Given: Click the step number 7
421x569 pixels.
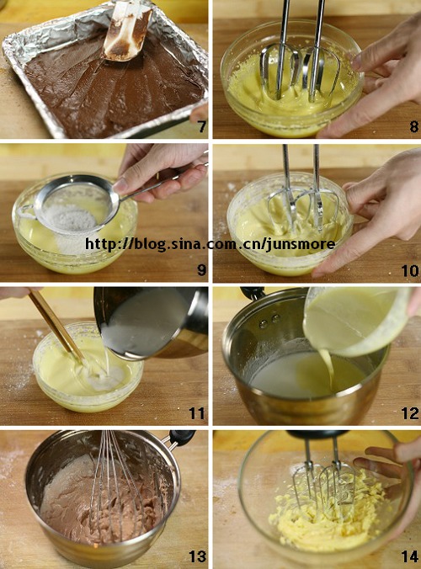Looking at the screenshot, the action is tap(202, 126).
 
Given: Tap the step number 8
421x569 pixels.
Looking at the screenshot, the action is tap(413, 126).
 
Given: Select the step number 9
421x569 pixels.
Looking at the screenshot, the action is tap(201, 269).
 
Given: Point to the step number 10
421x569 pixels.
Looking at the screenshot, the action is tap(410, 271).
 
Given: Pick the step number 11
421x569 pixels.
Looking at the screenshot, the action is tap(197, 413).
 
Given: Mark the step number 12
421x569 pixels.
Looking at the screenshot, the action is tap(410, 413).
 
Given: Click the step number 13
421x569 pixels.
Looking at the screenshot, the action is tap(197, 556).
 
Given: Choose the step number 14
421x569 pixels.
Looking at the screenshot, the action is tap(410, 556).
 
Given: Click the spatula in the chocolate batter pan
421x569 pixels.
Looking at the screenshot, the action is tap(127, 31).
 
